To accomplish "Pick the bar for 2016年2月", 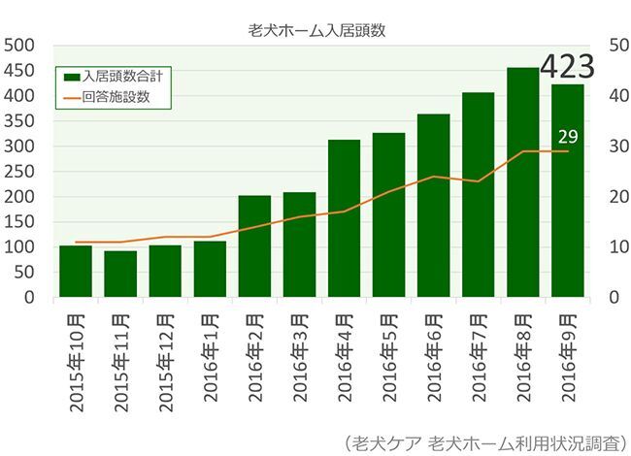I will click(254, 246).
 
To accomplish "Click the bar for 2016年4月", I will click(344, 218).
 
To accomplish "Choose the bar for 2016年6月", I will click(434, 206).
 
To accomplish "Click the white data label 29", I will click(568, 136).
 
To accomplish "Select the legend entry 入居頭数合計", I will click(116, 75).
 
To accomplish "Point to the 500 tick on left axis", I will click(20, 46).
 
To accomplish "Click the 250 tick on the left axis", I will click(20, 172).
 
